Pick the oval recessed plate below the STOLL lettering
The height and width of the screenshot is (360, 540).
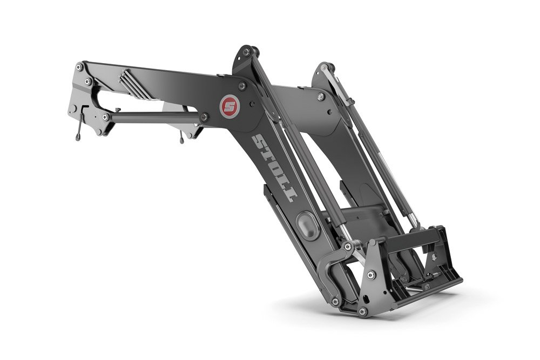point(308,226)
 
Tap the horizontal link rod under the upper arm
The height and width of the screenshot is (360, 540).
point(154,117)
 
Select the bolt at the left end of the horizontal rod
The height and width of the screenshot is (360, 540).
point(106,117)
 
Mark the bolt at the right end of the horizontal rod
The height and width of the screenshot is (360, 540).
point(204,117)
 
